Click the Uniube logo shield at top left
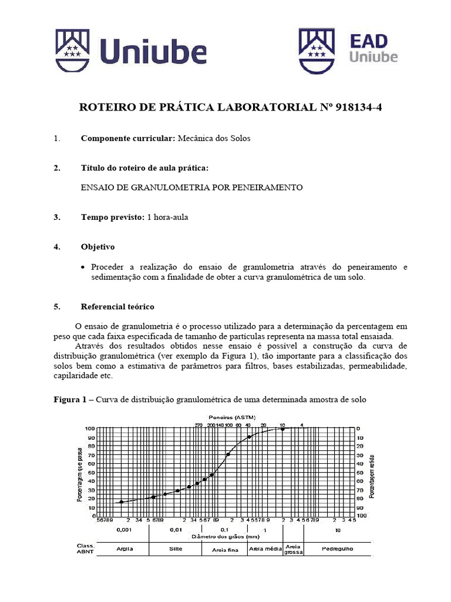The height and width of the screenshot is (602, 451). [x=76, y=52]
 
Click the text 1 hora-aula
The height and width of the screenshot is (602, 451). [x=167, y=217]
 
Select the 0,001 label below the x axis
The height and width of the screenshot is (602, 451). [x=124, y=530]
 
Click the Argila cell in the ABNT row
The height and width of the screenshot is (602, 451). [x=124, y=549]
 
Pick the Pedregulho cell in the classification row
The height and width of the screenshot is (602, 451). [x=338, y=549]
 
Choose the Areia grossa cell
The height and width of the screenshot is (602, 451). [x=293, y=549]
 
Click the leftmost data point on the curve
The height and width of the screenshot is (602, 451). [x=122, y=501]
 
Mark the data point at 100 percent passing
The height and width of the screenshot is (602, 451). [x=283, y=429]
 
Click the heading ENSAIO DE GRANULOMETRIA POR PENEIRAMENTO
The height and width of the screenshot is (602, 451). [x=191, y=188]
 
